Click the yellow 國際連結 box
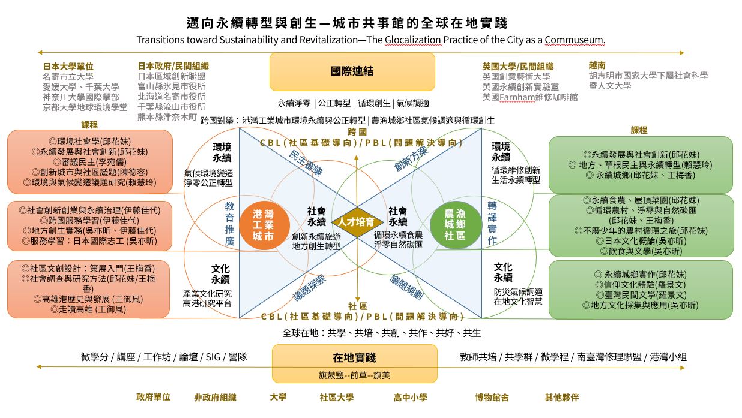coord(352,71)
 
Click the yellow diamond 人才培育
coord(358,222)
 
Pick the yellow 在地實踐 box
coord(354,358)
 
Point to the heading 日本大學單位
coord(68,66)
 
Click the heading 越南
coord(597,65)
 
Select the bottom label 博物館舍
coord(492,397)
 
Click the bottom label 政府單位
coord(154,397)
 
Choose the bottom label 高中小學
coord(410,397)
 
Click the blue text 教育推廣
coord(229,223)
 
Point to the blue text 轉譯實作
coord(492,223)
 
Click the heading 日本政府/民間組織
coord(173,66)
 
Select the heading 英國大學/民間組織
coord(517,66)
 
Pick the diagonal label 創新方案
coord(411,160)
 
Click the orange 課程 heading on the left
coord(89,125)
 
